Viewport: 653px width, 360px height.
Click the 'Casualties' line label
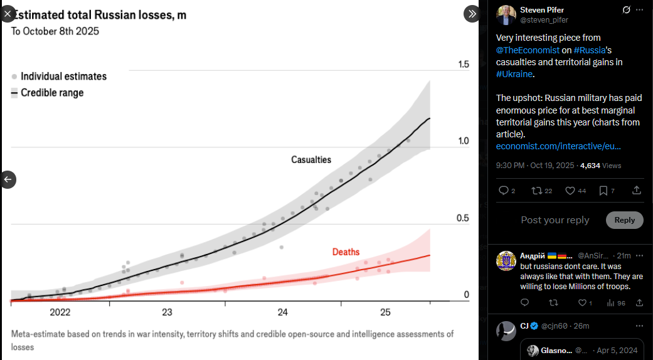311,160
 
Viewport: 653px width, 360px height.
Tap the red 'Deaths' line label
346,252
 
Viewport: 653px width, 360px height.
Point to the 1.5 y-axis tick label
464,65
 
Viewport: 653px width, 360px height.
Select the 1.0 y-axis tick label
464,141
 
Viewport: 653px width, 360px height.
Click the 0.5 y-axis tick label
464,218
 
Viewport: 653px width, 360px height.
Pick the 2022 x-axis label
60,312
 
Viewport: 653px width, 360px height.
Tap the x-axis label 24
282,312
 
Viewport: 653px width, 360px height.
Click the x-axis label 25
385,312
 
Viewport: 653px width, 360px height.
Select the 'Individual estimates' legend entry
63,77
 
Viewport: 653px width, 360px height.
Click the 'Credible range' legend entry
52,93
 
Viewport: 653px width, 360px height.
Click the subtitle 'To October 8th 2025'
55,31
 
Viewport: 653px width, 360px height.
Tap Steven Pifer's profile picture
506,15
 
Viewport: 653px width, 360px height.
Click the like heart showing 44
570,191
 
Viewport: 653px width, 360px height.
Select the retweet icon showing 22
536,191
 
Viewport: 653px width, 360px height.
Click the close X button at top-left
8,13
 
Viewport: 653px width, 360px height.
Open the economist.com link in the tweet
558,146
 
